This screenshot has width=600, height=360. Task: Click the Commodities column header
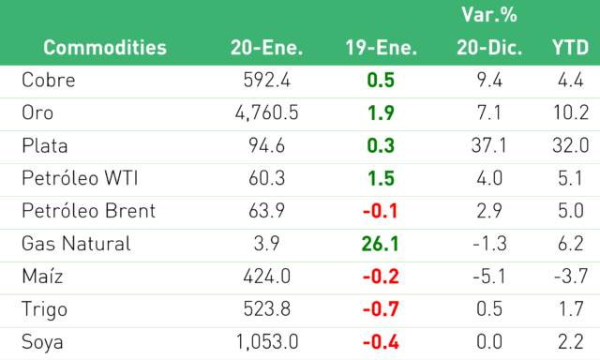(105, 48)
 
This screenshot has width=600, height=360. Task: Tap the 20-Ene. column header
(266, 48)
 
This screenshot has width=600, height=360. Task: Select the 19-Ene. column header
(382, 48)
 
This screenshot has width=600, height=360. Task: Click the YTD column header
(570, 48)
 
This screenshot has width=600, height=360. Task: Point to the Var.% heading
(489, 15)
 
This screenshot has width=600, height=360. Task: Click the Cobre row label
(49, 81)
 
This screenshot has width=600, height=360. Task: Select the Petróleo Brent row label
(89, 211)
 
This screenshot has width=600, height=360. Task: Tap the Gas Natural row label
(76, 244)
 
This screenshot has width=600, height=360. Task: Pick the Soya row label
(42, 342)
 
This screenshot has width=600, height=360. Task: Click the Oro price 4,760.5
(266, 113)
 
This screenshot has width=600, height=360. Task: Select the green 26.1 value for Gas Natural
(381, 244)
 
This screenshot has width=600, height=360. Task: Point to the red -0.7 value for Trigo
(381, 309)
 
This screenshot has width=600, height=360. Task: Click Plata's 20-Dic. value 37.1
(489, 145)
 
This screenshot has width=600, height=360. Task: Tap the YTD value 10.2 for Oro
(571, 112)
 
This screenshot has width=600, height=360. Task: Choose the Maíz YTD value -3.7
(571, 277)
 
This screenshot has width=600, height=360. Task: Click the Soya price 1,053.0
(266, 342)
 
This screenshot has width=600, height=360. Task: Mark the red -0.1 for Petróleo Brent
(381, 211)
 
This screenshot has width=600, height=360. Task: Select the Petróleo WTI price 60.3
(266, 178)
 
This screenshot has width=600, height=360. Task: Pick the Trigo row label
(44, 310)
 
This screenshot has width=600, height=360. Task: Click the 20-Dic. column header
(489, 48)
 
